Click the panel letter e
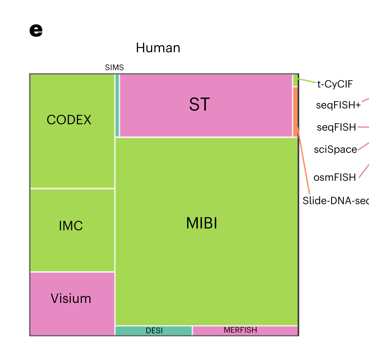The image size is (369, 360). tap(36, 30)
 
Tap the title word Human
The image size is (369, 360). tap(158, 48)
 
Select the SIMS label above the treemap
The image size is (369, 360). tap(114, 67)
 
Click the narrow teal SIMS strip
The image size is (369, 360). tap(117, 105)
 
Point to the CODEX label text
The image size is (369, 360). tap(69, 120)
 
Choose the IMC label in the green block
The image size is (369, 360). tap(71, 226)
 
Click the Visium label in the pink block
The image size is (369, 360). tap(71, 299)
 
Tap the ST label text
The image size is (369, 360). tap(199, 105)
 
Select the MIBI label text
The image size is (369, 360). tap(201, 223)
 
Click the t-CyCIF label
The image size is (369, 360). tap(335, 84)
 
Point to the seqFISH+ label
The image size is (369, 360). tap(338, 105)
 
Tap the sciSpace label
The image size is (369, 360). tap(335, 149)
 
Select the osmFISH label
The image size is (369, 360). tap(335, 177)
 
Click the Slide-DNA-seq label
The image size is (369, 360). tap(335, 201)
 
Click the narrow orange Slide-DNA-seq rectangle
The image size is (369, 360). tap(295, 112)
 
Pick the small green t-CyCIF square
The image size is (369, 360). tap(295, 80)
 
